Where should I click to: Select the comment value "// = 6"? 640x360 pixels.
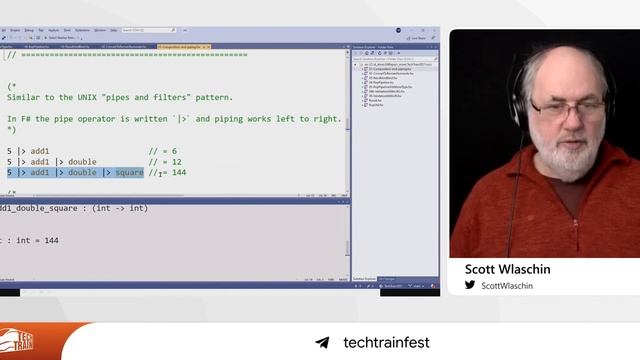click(x=165, y=151)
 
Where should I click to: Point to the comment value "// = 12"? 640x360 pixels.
click(x=165, y=162)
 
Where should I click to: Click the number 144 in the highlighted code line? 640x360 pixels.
click(x=177, y=173)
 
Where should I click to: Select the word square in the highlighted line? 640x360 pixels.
click(x=129, y=173)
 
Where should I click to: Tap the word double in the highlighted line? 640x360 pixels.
click(x=83, y=173)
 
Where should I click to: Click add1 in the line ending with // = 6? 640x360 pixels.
click(x=40, y=151)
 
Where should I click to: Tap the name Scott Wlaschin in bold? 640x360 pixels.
click(x=508, y=269)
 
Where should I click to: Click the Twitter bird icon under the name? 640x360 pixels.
click(x=470, y=285)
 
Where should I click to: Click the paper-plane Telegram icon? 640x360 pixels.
click(x=322, y=343)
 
